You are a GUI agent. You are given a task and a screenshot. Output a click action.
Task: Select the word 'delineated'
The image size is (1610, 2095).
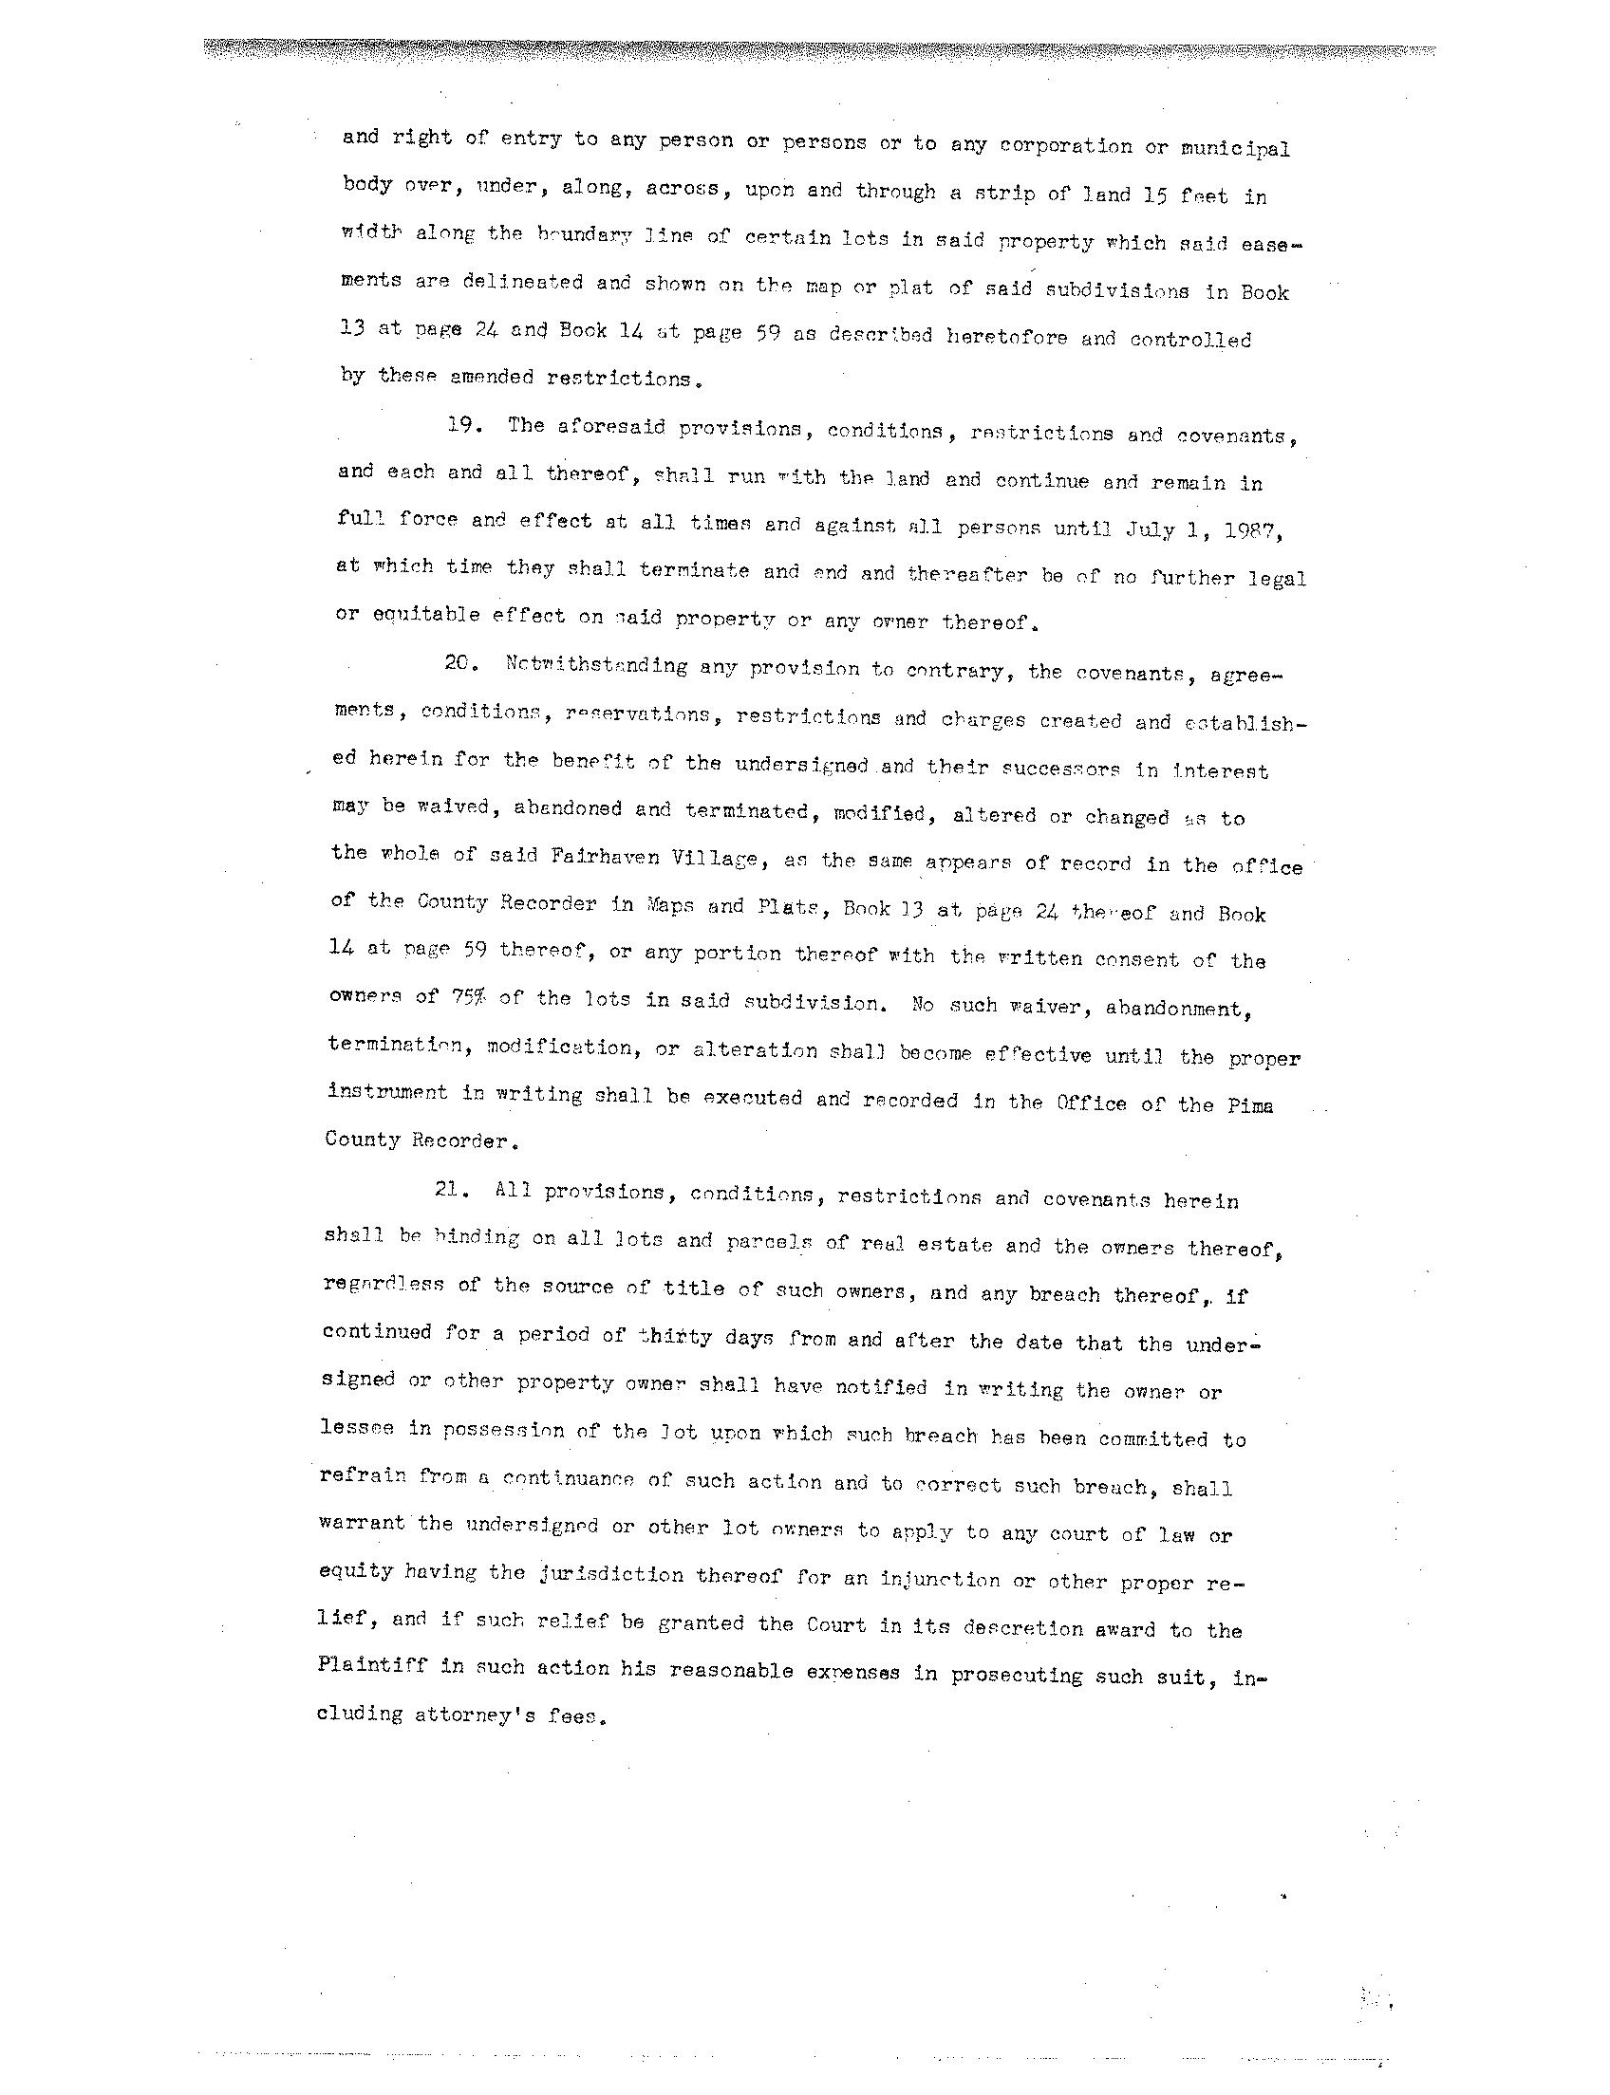click(x=522, y=283)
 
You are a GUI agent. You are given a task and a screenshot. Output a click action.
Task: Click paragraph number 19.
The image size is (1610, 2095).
click(x=463, y=424)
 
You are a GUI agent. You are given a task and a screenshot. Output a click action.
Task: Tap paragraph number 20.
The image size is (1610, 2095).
click(x=459, y=664)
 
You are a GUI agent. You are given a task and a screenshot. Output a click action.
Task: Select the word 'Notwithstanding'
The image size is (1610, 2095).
click(x=595, y=666)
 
